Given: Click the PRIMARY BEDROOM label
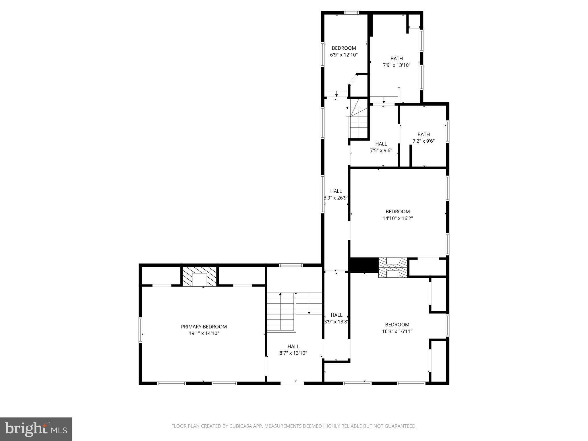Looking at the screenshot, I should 204,326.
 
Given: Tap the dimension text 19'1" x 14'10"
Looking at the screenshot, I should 204,333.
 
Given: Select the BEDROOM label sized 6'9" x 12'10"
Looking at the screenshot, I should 344,48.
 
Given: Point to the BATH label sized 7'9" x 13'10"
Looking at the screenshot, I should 396,59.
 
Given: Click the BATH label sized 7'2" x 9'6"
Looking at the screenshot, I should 423,134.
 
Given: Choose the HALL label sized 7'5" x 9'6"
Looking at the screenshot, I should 381,144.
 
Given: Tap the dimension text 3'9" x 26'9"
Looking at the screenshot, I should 336,198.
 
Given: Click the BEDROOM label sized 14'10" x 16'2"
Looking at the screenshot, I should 398,212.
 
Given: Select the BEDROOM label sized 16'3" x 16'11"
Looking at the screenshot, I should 397,324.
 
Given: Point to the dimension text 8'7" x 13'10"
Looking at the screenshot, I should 293,353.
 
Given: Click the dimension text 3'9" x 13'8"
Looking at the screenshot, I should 336,322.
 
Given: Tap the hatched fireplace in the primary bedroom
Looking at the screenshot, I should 200,276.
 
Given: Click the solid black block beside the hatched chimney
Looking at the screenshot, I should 363,265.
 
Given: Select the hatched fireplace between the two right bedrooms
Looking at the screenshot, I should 392,268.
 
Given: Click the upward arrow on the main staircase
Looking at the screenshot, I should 281,294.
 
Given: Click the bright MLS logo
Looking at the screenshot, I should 36,429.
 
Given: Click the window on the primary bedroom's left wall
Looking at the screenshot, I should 140,330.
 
